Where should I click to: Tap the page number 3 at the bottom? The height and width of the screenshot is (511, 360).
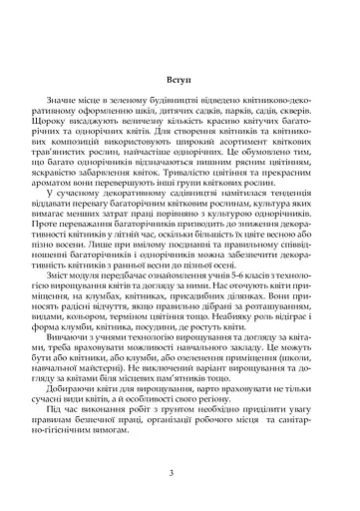180,473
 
